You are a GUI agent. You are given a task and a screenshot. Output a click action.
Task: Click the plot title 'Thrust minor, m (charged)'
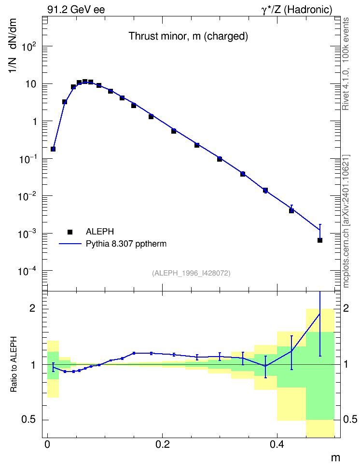coord(188,36)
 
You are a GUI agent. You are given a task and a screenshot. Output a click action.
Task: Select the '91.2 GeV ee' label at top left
coord(76,10)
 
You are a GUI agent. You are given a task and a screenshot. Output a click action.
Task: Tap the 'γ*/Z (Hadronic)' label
coord(297,10)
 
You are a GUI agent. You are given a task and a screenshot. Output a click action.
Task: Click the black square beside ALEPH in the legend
coord(70,232)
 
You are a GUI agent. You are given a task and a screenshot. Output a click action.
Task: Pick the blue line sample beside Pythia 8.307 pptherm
coord(70,244)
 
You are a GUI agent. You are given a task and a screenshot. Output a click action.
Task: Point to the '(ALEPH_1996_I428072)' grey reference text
coord(191,273)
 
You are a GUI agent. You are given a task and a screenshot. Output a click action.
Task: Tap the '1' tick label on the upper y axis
coord(35,122)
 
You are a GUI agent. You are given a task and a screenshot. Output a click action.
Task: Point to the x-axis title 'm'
coord(335,457)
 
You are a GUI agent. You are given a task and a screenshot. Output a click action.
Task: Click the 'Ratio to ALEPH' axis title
coord(14,364)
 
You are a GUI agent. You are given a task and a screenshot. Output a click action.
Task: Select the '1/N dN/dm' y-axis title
coord(12,45)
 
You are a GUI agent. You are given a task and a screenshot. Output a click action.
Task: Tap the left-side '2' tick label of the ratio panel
coord(33,308)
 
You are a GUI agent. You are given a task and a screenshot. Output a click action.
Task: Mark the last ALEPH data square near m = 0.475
coord(320,240)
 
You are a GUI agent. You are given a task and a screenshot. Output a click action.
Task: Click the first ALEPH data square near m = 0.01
coord(53,149)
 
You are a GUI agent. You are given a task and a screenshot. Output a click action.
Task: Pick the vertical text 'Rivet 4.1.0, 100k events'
coord(346,64)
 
